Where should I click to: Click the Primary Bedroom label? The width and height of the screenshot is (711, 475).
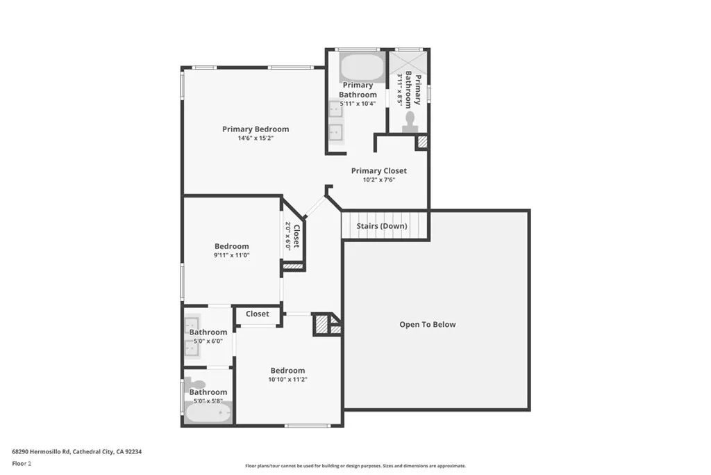tap(256, 129)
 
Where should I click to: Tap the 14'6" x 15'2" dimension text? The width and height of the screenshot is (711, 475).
tap(256, 138)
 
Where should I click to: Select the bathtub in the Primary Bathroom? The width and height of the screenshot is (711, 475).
tap(362, 68)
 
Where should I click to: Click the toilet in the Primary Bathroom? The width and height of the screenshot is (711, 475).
tap(410, 121)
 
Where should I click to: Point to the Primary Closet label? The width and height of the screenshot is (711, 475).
tap(378, 170)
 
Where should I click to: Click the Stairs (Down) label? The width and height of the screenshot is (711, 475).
tap(382, 226)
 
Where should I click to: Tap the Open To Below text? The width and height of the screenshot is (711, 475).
tap(427, 324)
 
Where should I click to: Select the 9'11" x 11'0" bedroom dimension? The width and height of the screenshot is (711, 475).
tap(232, 255)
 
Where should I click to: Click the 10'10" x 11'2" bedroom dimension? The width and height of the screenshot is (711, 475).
tap(287, 380)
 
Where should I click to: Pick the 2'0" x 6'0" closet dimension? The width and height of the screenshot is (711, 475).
tap(287, 235)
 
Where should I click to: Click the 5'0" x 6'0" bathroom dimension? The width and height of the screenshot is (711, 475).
tap(208, 341)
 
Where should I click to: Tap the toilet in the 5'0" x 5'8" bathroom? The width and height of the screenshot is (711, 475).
tap(198, 385)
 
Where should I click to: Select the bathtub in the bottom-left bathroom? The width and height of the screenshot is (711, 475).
tap(208, 413)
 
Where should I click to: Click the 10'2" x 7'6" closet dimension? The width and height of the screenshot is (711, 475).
tap(378, 179)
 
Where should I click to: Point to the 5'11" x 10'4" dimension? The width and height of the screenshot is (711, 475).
tap(358, 104)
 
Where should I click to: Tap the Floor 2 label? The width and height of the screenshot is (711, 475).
tap(22, 462)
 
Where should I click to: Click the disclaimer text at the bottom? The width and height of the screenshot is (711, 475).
tap(355, 466)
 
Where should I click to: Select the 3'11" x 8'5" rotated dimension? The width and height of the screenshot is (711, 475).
tap(400, 88)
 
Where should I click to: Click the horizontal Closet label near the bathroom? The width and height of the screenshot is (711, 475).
tap(257, 314)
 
